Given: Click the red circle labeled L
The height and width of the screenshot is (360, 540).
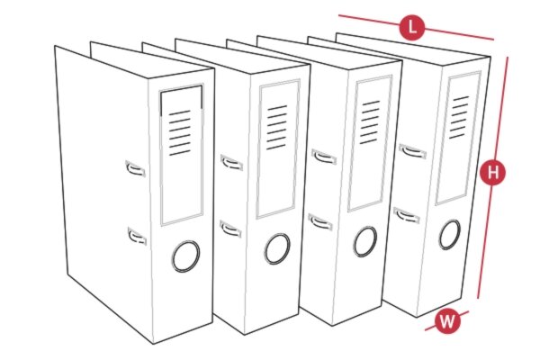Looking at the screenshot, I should (x=412, y=27).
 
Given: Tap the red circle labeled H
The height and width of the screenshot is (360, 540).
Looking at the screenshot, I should (x=490, y=171).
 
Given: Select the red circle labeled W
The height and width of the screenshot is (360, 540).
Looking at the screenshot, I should (x=446, y=319).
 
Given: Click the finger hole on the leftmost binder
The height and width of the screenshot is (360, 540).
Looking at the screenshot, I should (x=187, y=255).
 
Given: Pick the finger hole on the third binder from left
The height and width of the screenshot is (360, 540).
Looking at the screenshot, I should (x=364, y=240).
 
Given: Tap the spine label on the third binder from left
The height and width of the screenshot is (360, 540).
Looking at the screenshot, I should (x=372, y=144).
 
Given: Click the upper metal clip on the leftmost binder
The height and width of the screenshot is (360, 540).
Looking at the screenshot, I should (x=135, y=166).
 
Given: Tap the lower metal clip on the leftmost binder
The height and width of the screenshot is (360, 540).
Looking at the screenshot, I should (x=136, y=237).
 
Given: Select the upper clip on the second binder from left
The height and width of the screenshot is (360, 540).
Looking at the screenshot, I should (x=231, y=162).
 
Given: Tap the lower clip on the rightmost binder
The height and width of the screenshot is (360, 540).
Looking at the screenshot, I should (x=407, y=214).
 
